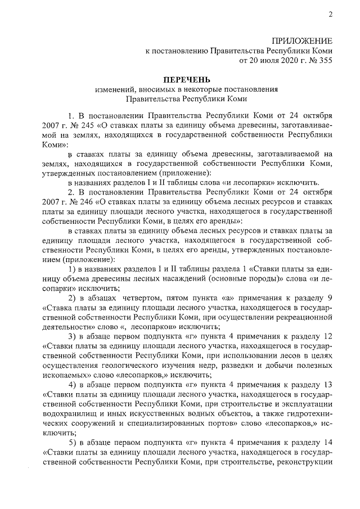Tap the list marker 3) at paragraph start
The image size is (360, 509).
[x=72, y=336]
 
